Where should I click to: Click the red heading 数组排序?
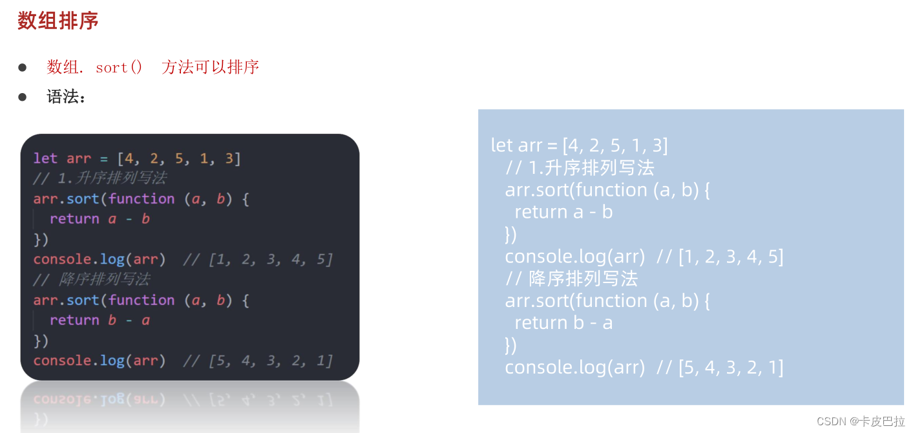[x=58, y=21]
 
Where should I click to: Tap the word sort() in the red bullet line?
[x=119, y=67]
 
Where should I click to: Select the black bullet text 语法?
[x=66, y=97]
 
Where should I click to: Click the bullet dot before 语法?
[x=23, y=97]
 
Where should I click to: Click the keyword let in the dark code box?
[x=45, y=158]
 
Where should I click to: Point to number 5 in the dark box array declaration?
[x=179, y=158]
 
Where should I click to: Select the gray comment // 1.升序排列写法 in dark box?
[x=100, y=178]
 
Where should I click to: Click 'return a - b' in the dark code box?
[x=100, y=219]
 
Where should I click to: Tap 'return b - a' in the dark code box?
[x=100, y=321]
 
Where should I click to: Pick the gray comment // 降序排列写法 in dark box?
[x=92, y=279]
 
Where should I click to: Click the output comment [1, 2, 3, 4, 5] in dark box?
[x=271, y=259]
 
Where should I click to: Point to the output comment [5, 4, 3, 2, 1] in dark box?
[x=271, y=361]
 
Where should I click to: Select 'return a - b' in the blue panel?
[x=563, y=212]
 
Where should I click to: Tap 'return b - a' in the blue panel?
[x=563, y=322]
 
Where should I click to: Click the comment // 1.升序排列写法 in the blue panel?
[x=580, y=168]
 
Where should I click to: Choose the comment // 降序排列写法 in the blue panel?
[x=572, y=279]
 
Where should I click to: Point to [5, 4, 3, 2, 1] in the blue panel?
[x=731, y=367]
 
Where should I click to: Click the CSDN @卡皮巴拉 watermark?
[x=861, y=421]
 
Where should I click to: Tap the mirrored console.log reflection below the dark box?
[x=100, y=399]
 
